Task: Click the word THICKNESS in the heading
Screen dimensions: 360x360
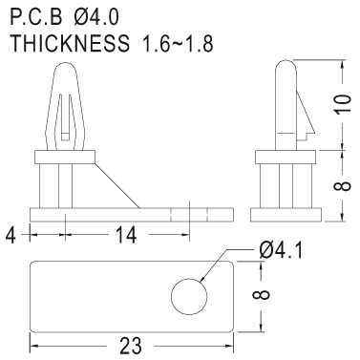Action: [x=70, y=43]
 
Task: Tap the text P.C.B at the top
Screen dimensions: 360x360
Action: [x=36, y=17]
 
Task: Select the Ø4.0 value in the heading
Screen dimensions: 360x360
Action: [x=95, y=17]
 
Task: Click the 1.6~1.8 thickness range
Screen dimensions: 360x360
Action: [x=179, y=43]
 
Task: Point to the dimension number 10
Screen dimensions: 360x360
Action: [x=343, y=103]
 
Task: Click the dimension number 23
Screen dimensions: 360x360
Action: [x=130, y=346]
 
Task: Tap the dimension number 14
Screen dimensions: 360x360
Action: [x=126, y=235]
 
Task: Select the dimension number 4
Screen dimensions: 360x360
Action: [x=11, y=235]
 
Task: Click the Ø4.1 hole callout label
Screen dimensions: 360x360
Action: [x=281, y=250]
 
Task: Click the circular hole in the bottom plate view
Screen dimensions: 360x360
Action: [x=189, y=296]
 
